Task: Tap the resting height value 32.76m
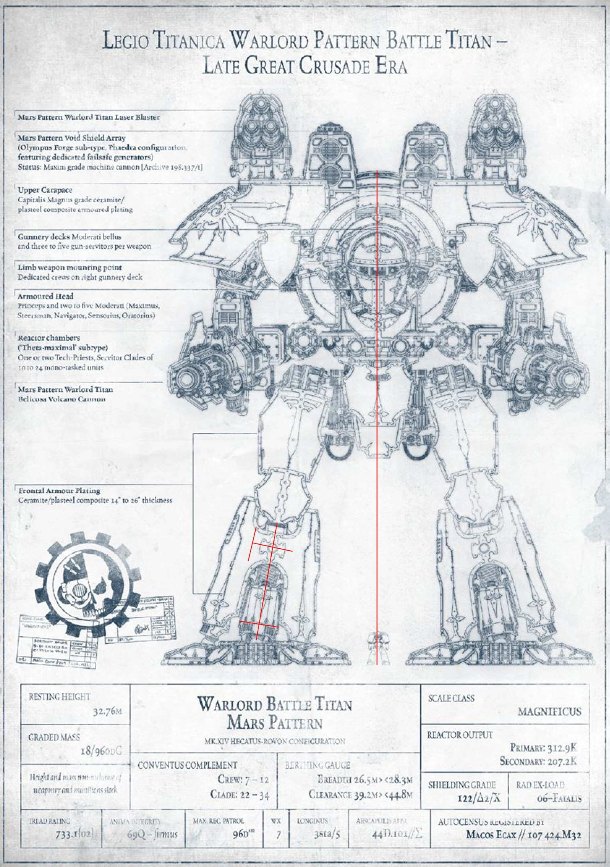(x=107, y=711)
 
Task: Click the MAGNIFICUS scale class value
(x=549, y=712)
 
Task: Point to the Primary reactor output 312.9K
(x=543, y=747)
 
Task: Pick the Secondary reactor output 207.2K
(x=538, y=761)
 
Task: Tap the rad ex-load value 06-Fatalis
(x=559, y=798)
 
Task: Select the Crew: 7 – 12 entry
(x=243, y=779)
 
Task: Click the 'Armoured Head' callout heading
(x=45, y=296)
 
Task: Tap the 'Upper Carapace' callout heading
(x=45, y=190)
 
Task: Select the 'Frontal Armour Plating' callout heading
(x=59, y=490)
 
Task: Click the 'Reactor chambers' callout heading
(x=49, y=338)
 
